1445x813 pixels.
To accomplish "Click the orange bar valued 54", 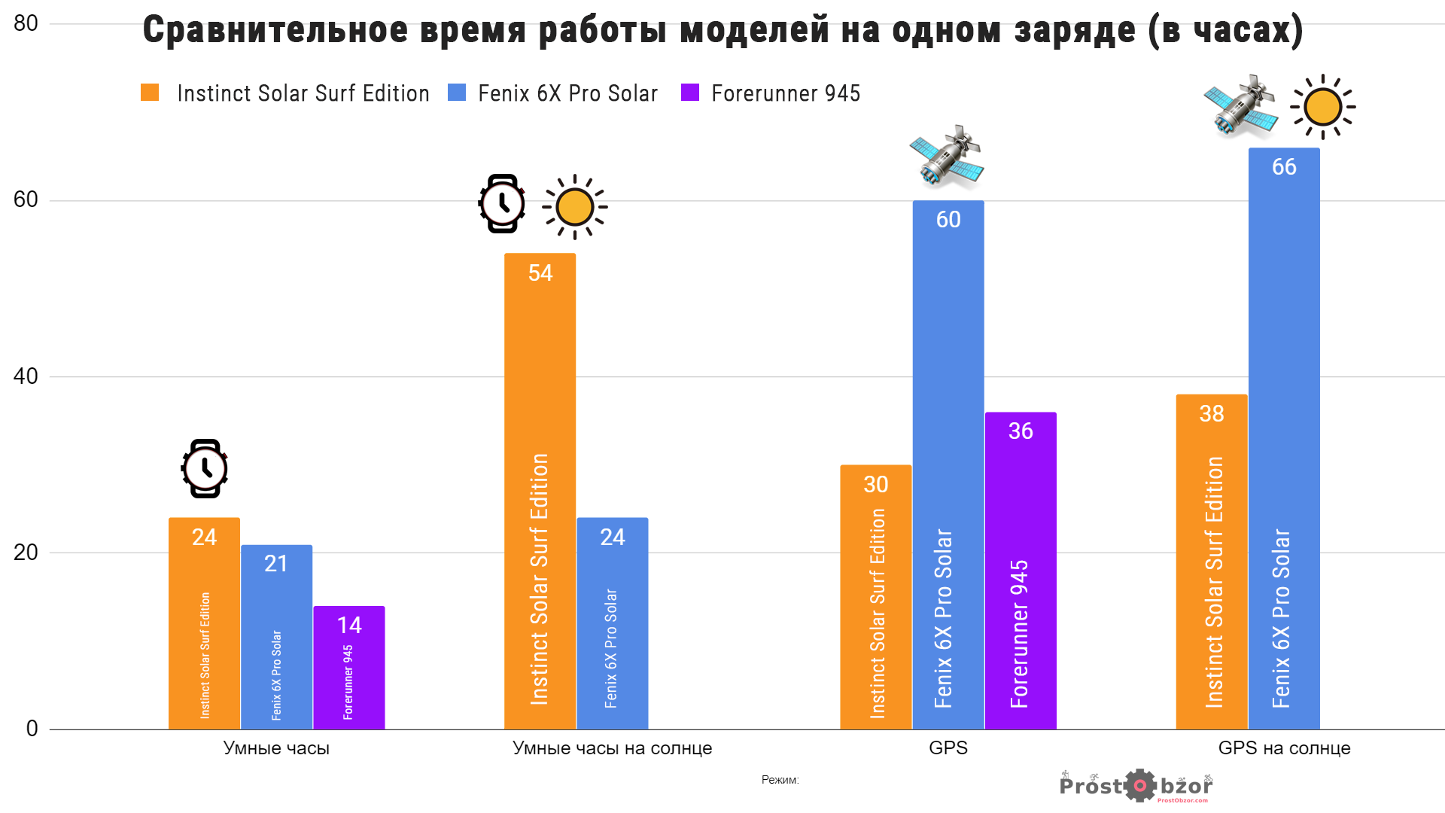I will pos(540,491).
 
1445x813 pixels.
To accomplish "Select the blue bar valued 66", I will pos(1284,438).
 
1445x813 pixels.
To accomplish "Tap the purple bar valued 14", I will pos(348,667).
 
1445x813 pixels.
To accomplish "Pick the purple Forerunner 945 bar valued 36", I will pos(1021,570).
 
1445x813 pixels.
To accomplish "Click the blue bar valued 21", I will pos(276,637).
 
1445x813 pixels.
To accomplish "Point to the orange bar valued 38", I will pos(1212,562).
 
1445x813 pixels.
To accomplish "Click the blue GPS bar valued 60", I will pos(948,464).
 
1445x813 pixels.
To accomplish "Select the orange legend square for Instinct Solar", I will pos(150,93).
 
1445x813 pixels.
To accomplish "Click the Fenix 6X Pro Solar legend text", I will pos(567,93).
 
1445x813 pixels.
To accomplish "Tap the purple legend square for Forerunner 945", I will pos(690,93).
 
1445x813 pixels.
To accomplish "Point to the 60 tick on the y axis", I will pos(26,199).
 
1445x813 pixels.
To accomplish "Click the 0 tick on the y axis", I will pos(32,729).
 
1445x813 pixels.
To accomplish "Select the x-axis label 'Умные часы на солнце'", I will pos(612,748).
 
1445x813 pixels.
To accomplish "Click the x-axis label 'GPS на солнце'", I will pos(1284,748).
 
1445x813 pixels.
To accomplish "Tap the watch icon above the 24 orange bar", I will pos(205,468).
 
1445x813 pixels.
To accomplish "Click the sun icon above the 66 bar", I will pos(1322,107).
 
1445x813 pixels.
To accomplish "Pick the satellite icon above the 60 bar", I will pos(947,157).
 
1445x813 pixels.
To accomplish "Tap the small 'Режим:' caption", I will pos(780,780).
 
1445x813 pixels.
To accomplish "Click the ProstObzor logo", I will pos(1136,787).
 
